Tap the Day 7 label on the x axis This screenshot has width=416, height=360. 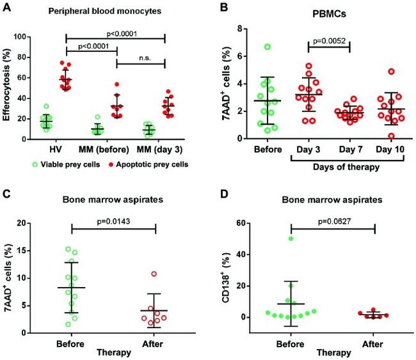348,150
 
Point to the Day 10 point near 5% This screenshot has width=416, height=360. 390,72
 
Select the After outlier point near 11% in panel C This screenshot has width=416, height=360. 154,274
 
